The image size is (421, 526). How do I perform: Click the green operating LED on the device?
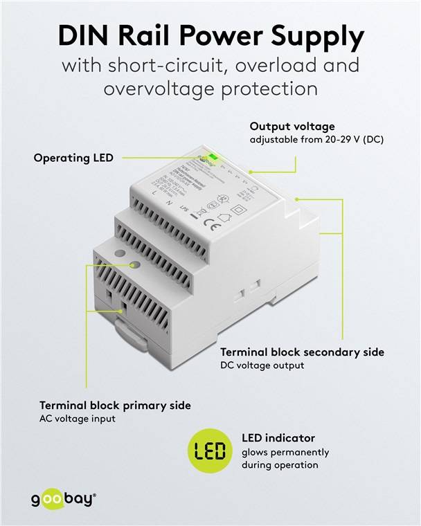point(214,156)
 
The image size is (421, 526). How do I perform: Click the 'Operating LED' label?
point(74,158)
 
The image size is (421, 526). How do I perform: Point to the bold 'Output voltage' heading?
point(292,127)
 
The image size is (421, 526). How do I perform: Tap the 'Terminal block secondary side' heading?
point(301,352)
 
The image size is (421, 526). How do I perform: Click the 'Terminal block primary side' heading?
point(115,405)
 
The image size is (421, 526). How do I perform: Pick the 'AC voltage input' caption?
point(78,418)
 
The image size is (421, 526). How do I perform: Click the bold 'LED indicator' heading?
point(278,438)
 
